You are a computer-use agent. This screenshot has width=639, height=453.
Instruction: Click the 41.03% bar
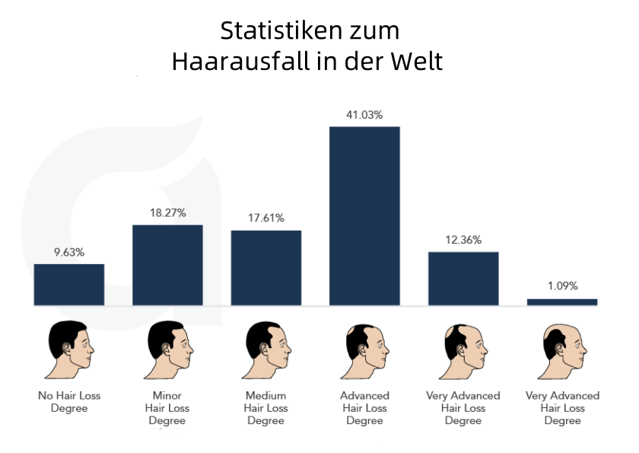pos(364,215)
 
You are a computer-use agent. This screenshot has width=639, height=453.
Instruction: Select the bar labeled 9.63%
pos(69,284)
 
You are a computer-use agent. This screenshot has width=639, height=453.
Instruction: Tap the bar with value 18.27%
pos(167,264)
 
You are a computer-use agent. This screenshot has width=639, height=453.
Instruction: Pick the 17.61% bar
pos(266,267)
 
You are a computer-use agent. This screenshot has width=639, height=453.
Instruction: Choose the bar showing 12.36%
pos(463,278)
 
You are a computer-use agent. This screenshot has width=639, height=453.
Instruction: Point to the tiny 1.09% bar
pos(562,301)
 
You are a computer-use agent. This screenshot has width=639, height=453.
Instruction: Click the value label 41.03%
pos(364,114)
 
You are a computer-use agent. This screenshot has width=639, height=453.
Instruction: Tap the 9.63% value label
pos(69,252)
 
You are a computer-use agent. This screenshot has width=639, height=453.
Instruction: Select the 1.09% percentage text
pos(562,286)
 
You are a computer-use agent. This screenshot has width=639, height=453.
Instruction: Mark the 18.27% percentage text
pos(167,213)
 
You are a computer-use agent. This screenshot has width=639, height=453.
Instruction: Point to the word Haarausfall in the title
pos(239,61)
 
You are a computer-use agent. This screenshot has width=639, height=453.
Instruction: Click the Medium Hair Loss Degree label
pos(266,408)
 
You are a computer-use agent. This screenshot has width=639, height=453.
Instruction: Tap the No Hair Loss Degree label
pos(69,402)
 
